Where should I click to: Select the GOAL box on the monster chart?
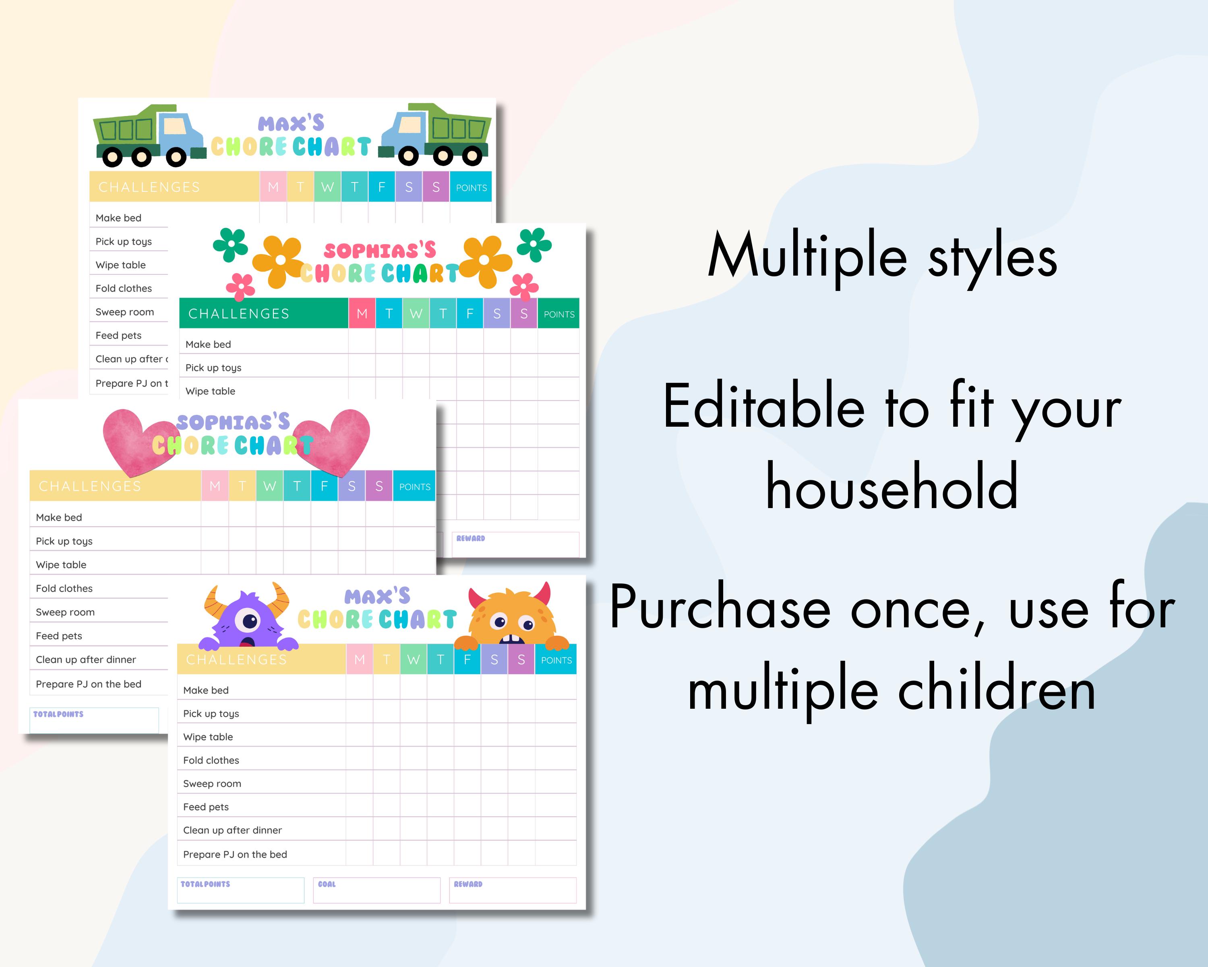376,890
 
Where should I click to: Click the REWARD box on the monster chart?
512,890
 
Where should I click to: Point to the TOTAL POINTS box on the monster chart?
240,890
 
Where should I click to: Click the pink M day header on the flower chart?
362,313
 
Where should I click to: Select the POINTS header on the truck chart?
471,187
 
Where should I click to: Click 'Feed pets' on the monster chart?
206,807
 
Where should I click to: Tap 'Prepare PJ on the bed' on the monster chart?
235,854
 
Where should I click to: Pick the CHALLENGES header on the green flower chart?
239,313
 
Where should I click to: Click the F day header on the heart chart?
324,486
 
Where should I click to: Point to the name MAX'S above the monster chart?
377,596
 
